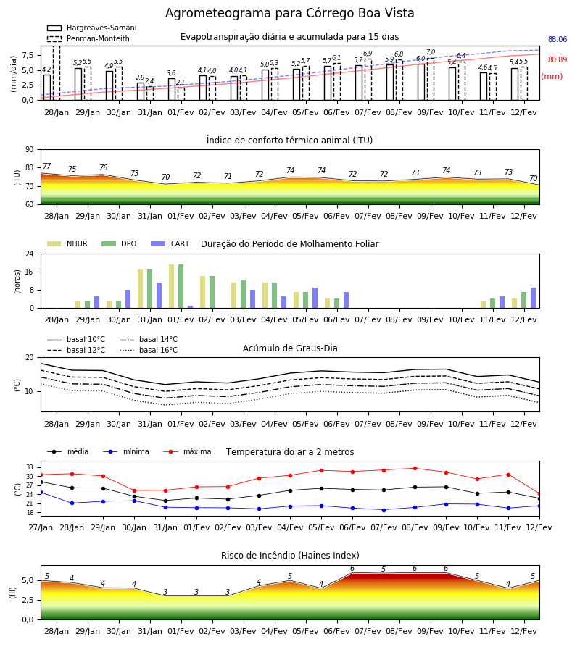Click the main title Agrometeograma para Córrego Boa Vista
289,13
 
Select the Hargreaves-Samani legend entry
91,28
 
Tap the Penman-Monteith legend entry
88,38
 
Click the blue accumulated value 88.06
558,40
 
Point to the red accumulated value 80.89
558,59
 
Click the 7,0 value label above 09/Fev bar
431,52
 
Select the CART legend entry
170,243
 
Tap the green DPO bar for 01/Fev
181,286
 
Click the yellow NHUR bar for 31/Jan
140,289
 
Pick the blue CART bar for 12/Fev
534,298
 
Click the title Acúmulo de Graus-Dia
290,348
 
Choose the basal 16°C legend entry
149,350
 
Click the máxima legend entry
187,451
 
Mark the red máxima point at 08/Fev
415,468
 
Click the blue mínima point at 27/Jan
41,493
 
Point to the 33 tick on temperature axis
30,467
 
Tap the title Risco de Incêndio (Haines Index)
290,556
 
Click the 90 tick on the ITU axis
30,150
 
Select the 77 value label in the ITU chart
46,167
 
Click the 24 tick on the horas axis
30,254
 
